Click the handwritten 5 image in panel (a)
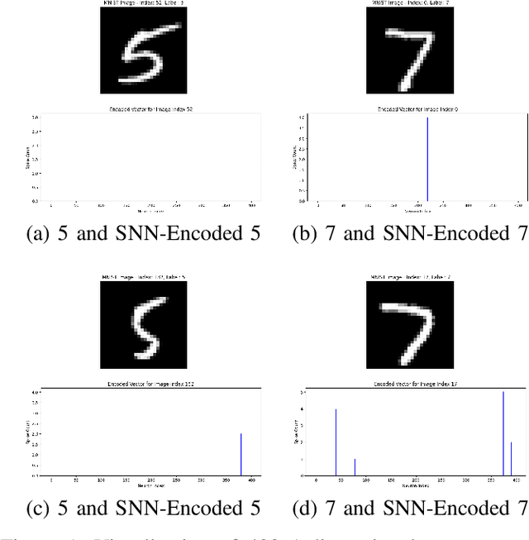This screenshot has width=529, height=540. [149, 50]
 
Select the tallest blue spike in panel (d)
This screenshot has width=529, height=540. [503, 434]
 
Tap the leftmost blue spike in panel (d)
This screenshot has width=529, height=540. [336, 442]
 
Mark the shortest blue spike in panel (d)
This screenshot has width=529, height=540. [355, 467]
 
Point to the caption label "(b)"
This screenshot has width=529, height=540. [305, 233]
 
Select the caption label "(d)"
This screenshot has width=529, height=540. [305, 508]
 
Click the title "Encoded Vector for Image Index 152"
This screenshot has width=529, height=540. [150, 384]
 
